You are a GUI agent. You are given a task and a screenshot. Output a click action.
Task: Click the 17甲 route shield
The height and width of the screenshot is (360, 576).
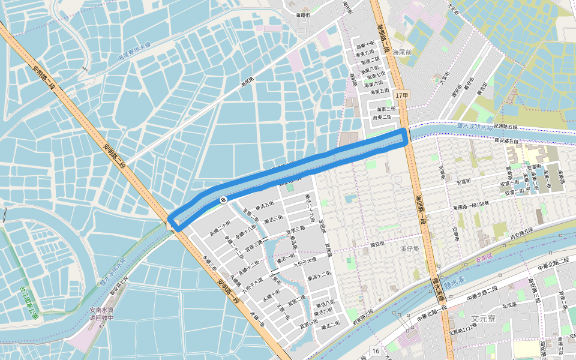pos(402,95)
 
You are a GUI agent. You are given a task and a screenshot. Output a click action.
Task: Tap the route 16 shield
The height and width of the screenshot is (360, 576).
pos(376,350)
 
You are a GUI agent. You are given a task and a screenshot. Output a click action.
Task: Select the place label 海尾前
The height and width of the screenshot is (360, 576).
pos(402,52)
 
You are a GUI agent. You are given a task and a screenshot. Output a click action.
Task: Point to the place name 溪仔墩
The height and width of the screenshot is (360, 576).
pos(410,248)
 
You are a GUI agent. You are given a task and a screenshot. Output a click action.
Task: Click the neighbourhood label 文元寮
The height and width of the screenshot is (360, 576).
pos(483,319)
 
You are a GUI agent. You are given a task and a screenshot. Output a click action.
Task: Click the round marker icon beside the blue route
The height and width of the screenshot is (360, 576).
pos(223,200)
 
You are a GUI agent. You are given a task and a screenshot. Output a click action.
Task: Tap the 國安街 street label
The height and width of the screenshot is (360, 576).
pos(377,245)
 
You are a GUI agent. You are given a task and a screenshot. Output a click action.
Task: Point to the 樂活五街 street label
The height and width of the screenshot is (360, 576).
pos(265,204)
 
